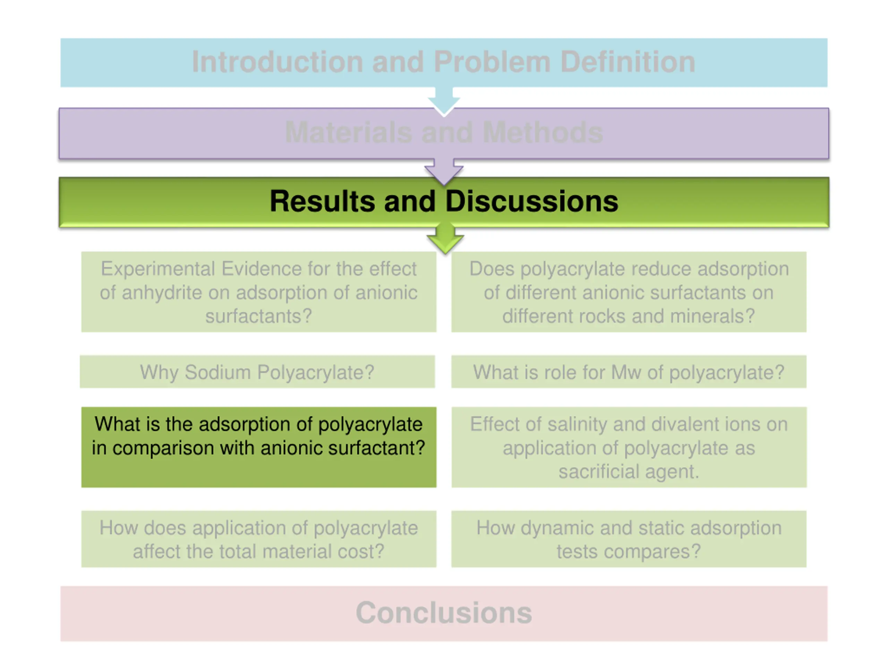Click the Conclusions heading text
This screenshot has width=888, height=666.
[x=444, y=613]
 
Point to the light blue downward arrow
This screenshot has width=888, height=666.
[x=444, y=101]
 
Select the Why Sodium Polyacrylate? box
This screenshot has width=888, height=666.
[x=257, y=372]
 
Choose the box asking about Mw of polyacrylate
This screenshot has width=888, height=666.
[x=629, y=372]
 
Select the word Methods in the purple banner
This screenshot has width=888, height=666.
[x=543, y=133]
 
